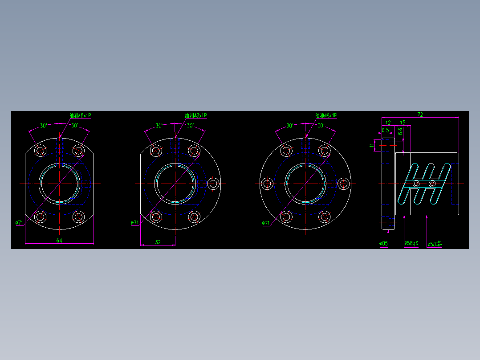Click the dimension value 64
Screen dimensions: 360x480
tap(59, 241)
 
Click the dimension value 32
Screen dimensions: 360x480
tap(158, 242)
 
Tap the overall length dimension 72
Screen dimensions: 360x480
tap(420, 115)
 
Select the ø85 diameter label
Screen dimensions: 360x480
tap(383, 244)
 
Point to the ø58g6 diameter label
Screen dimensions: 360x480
tap(411, 244)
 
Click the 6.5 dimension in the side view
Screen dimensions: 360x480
tap(385, 130)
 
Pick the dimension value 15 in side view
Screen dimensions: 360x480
tap(403, 122)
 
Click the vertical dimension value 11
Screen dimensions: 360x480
tap(372, 145)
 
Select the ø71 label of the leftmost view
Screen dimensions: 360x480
tap(19, 223)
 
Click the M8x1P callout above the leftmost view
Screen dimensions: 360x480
tap(80, 115)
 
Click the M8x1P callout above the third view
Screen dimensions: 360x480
tap(326, 115)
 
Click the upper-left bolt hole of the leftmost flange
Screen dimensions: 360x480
tap(41, 151)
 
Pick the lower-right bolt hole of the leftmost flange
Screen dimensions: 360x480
tap(79, 217)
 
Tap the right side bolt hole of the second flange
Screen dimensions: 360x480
tap(213, 184)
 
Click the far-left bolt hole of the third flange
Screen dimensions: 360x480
tap(268, 184)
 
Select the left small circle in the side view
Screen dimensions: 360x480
tap(416, 184)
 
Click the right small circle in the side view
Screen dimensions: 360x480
tap(432, 184)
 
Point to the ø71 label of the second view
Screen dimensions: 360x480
tap(135, 222)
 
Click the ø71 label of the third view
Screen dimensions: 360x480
tap(266, 223)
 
